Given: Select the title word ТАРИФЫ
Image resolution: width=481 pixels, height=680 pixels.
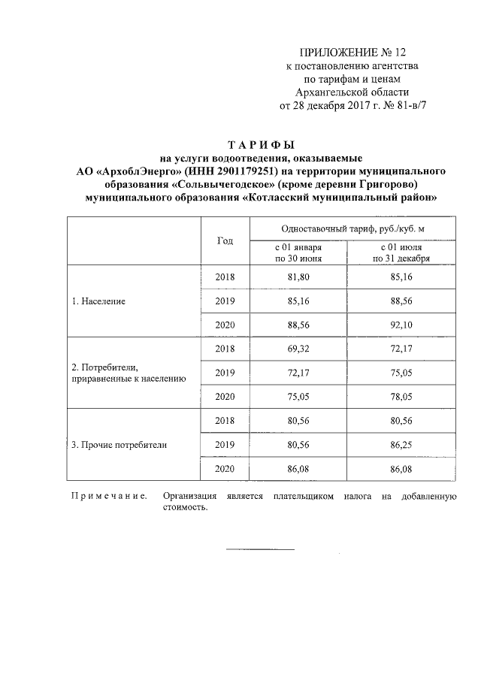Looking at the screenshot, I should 261,145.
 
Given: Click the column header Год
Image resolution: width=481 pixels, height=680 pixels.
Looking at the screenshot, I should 225,240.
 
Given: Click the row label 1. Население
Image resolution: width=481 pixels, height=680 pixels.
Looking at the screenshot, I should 98,301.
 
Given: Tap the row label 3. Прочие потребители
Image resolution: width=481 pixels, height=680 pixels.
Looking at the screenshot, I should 119,445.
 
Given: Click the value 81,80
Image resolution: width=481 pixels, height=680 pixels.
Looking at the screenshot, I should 298,277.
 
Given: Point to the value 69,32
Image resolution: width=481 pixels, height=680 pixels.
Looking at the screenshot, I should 298,349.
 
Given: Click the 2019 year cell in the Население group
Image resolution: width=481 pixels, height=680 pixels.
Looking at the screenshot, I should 225,301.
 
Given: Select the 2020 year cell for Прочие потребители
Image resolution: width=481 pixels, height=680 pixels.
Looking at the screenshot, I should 225,468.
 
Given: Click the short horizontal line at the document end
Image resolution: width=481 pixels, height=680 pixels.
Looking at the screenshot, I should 261,549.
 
